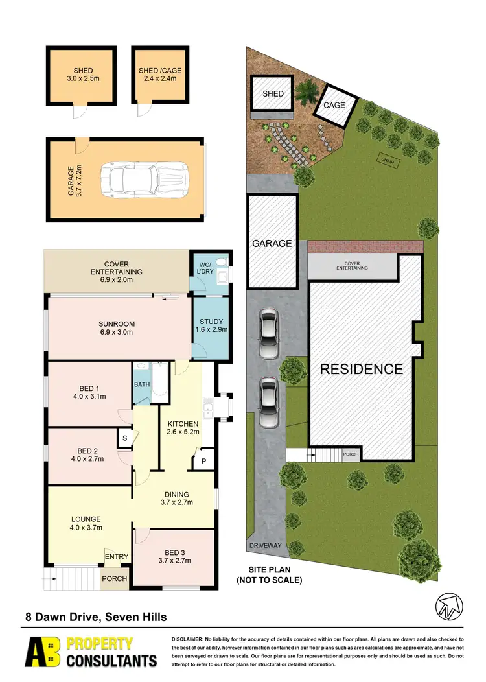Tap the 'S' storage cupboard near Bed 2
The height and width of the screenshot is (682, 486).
[x=124, y=438]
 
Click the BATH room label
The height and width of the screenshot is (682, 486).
[x=142, y=384]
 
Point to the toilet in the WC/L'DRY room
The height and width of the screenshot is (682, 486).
[x=222, y=262]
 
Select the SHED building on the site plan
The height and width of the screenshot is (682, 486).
[x=273, y=94]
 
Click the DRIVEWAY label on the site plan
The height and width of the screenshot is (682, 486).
[x=266, y=545]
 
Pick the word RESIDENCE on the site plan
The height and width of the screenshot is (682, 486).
[x=362, y=369]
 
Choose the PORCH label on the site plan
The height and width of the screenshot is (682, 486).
[x=351, y=454]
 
